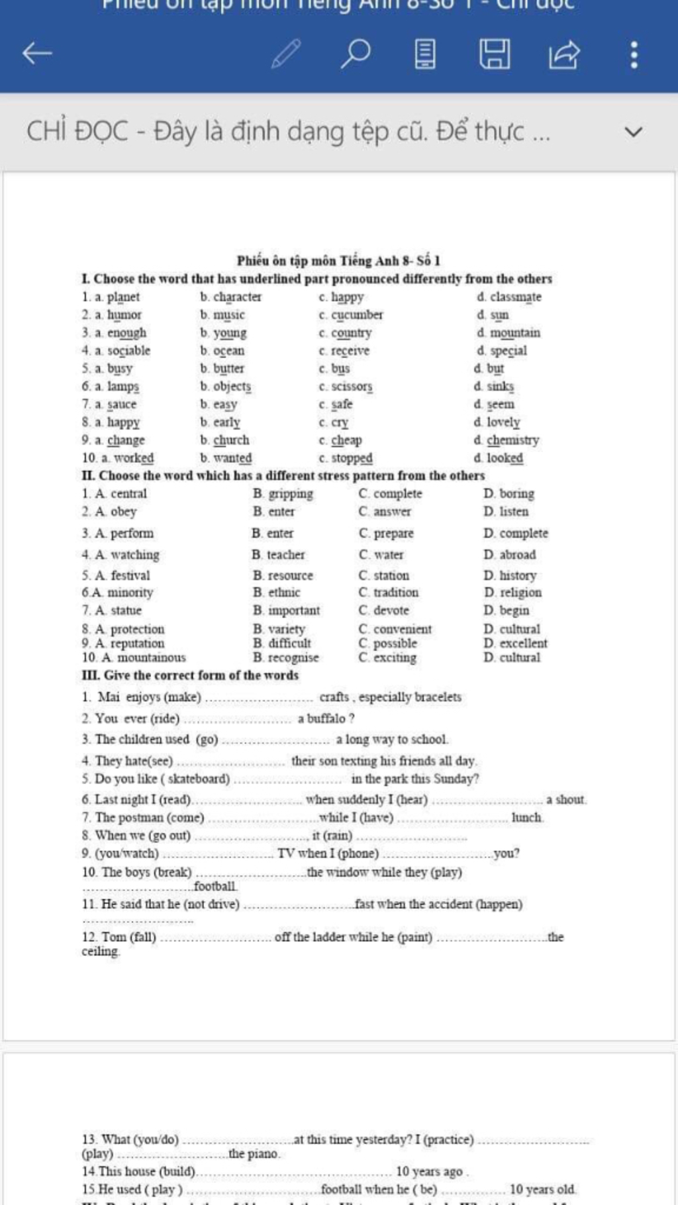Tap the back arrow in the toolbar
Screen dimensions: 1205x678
37,54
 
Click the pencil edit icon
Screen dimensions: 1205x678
286,54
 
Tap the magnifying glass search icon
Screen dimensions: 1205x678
356,54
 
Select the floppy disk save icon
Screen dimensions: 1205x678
495,54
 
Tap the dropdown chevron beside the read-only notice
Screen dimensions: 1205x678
633,132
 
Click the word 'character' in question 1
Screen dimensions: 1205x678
237,297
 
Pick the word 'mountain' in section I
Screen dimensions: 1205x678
514,333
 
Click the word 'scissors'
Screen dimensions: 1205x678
352,387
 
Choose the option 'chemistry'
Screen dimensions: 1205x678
512,440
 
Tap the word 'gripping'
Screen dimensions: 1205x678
291,494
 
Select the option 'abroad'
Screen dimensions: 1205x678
517,555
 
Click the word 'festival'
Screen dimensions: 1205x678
130,576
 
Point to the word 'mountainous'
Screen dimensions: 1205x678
152,657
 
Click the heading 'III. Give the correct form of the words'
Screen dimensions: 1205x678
190,675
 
